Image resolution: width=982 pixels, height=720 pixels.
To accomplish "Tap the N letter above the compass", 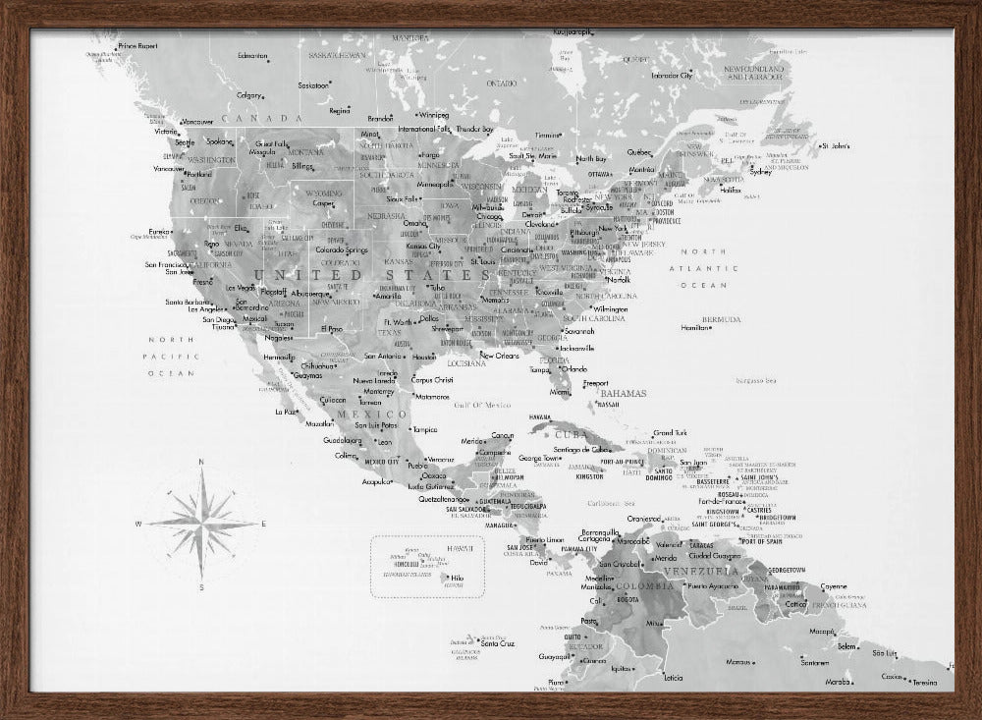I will click(x=201, y=462).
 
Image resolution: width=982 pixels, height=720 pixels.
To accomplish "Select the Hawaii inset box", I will click(x=428, y=567).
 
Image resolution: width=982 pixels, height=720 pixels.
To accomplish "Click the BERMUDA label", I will click(x=721, y=319).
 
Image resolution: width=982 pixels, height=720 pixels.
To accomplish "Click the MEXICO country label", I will click(x=358, y=415).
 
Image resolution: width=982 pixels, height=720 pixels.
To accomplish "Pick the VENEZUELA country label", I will click(x=698, y=571).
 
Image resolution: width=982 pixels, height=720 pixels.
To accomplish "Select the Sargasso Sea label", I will click(x=756, y=381).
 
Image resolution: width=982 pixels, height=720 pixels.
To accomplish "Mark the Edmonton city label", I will click(x=252, y=56).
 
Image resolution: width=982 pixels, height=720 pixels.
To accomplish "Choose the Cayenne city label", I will click(x=834, y=586).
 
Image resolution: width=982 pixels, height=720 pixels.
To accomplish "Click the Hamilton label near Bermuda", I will click(x=693, y=328).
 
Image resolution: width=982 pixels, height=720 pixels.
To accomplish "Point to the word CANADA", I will click(x=246, y=118).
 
